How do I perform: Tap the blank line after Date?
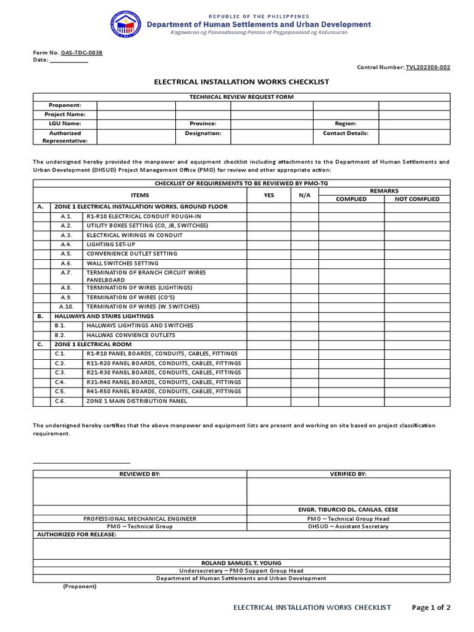click(69, 60)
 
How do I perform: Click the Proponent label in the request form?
click(64, 106)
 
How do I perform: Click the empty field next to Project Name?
click(136, 115)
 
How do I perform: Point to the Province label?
click(203, 123)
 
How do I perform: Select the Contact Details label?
click(346, 133)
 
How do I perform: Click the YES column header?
click(269, 194)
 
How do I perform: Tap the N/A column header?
click(304, 194)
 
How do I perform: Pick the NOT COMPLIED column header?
click(417, 199)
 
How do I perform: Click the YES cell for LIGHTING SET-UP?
click(269, 244)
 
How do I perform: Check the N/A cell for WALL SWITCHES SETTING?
click(304, 263)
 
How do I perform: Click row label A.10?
click(66, 306)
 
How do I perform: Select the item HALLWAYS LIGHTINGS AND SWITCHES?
click(140, 325)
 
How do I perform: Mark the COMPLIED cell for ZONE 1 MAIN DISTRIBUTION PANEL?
click(351, 401)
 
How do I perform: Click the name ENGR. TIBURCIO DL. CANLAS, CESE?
click(349, 510)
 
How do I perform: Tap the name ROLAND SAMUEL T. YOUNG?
click(241, 563)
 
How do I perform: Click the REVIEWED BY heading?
click(140, 474)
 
